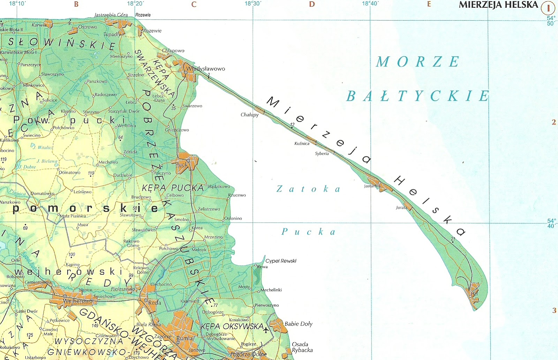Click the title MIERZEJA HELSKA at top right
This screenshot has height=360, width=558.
498,5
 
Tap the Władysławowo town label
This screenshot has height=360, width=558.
205,69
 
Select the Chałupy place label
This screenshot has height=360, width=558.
250,115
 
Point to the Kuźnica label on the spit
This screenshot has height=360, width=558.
302,144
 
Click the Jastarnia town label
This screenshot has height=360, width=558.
372,186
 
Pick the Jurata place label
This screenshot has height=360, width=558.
401,208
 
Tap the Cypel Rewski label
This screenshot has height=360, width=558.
281,261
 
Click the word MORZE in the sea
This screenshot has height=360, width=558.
418,62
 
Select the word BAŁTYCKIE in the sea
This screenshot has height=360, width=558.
418,96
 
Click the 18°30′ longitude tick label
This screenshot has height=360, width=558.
253,4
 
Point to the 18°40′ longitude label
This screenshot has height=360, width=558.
370,4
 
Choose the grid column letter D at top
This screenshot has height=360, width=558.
312,5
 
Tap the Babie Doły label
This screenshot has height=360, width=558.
298,324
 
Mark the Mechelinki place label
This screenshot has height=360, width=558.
271,290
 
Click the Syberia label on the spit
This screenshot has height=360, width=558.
322,153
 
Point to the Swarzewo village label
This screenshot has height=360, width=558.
192,106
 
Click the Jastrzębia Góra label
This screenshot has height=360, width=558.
111,15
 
